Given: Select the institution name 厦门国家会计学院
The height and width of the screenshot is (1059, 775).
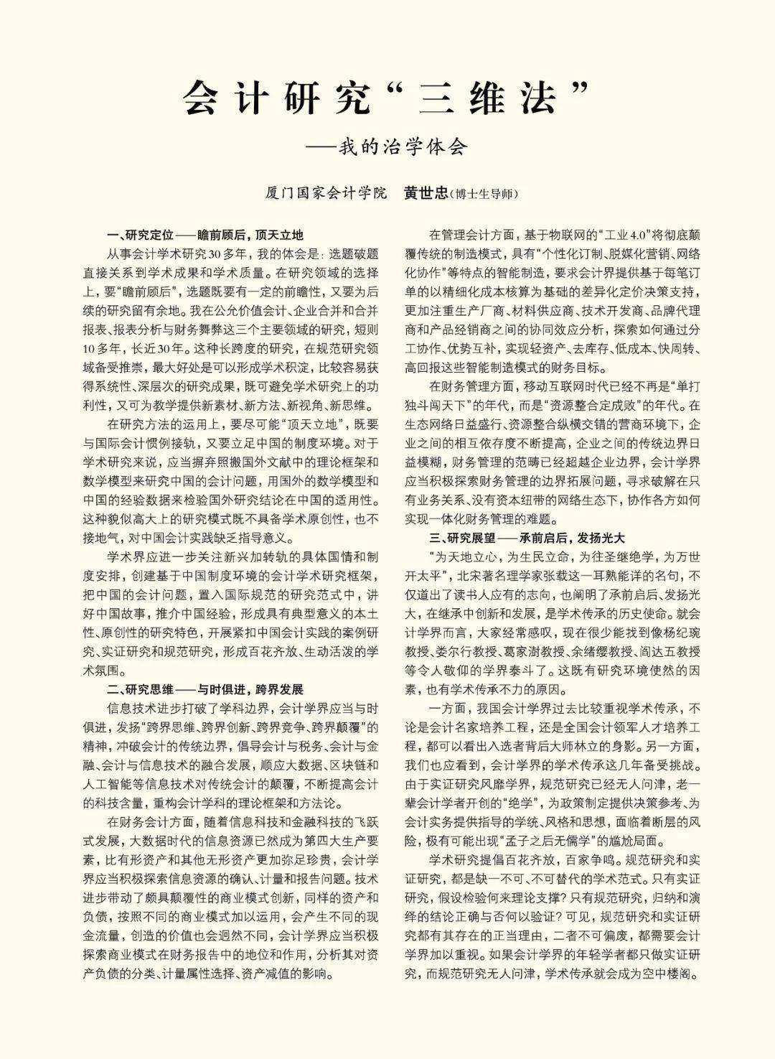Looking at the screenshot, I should (x=326, y=193).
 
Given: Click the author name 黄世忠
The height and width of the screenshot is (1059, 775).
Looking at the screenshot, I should (x=426, y=193).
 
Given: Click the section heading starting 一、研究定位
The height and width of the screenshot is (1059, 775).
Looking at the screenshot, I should (x=205, y=235).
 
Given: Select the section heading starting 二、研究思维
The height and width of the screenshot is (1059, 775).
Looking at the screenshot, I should (x=205, y=689).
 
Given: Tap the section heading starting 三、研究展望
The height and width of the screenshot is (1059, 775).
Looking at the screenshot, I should (x=527, y=537).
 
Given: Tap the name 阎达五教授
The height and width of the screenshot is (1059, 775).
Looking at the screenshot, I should (x=671, y=652).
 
